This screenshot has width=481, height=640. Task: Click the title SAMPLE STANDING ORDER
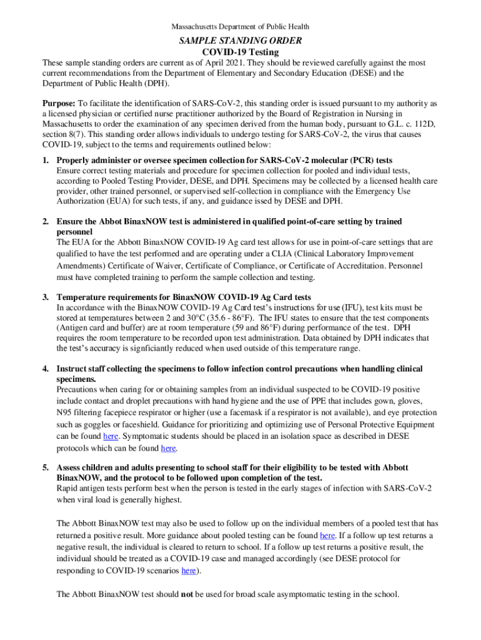pos(241,41)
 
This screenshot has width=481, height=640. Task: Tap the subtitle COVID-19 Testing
pos(241,52)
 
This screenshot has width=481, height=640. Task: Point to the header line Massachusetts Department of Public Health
pos(241,27)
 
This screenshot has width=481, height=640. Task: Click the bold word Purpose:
pos(59,102)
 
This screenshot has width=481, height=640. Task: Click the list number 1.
pos(46,161)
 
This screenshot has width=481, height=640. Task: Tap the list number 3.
pos(46,297)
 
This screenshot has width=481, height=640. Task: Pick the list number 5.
pos(46,467)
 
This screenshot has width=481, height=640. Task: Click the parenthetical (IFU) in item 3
pos(350,307)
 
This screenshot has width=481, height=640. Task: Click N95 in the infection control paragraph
pos(65,412)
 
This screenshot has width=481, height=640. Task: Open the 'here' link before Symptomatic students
pos(110,436)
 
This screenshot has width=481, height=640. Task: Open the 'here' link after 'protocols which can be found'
pos(168,448)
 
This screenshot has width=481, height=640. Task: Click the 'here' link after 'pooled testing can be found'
pos(327,535)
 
